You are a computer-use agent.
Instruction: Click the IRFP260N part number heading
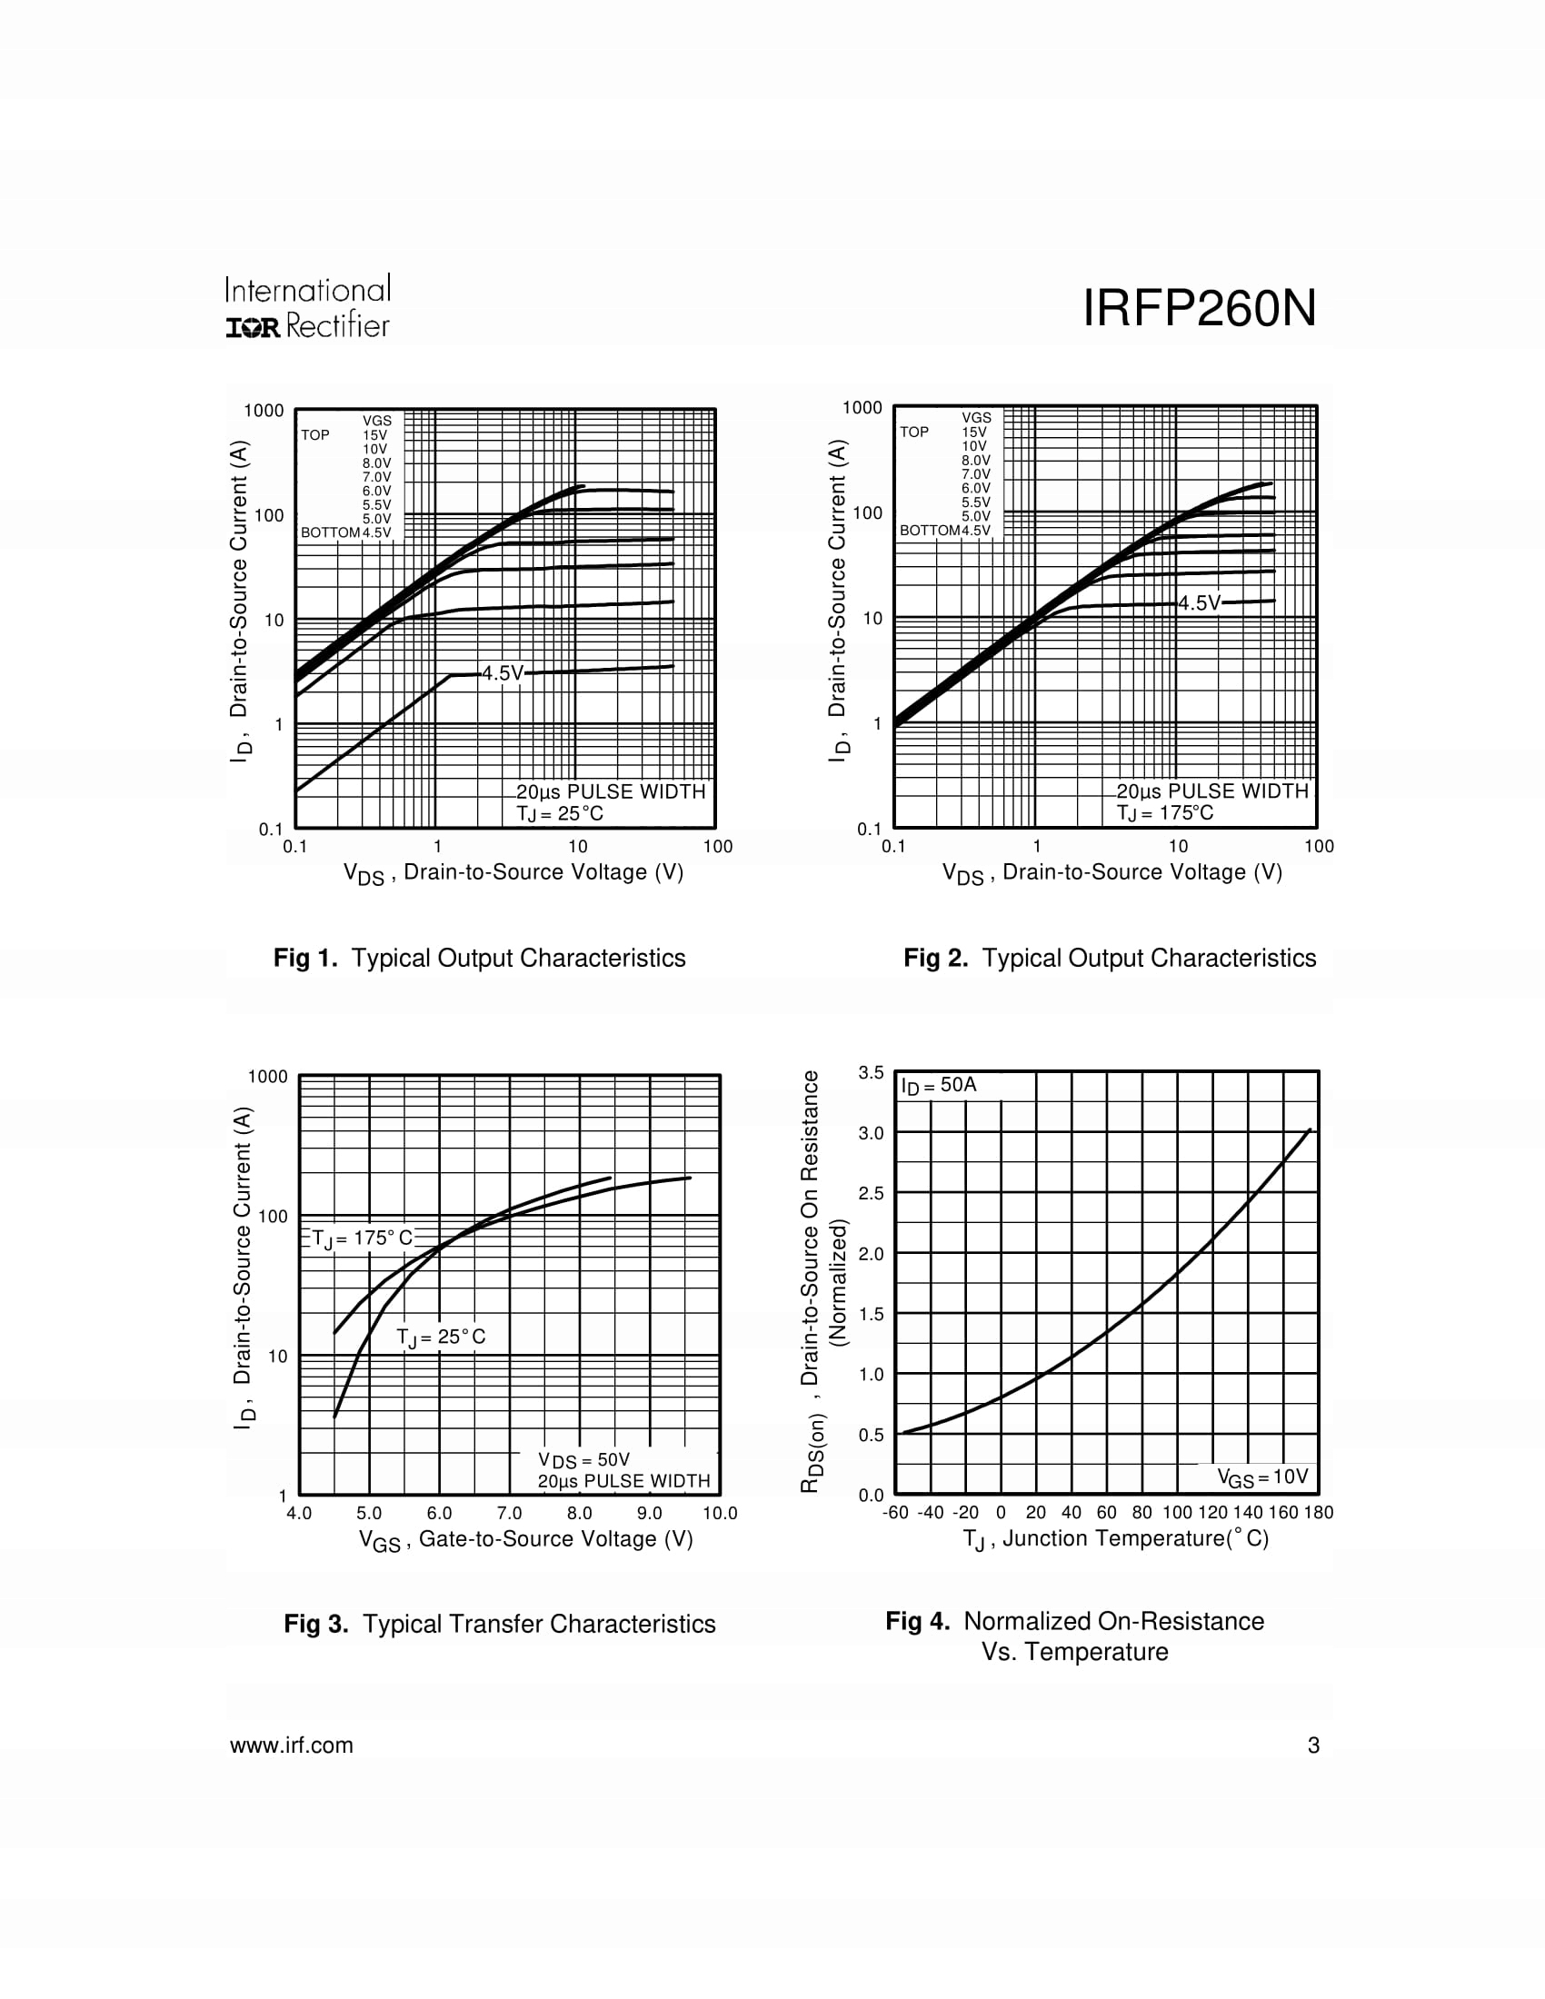tap(1199, 308)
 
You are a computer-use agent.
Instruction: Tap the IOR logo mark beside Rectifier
tap(253, 328)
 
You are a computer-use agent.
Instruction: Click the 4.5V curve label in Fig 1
tap(503, 673)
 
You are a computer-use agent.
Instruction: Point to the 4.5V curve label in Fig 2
tap(1199, 603)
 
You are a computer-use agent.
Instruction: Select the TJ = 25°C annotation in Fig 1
tap(559, 814)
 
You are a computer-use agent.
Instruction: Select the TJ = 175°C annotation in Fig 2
tap(1164, 813)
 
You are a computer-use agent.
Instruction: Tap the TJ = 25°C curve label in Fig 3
tap(440, 1338)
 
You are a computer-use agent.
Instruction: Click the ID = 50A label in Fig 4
tap(939, 1086)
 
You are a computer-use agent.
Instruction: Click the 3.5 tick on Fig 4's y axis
tap(871, 1073)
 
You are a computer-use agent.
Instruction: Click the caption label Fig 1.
tap(305, 959)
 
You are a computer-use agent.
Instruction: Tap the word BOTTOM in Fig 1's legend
tap(330, 532)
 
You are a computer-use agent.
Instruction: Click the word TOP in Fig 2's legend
tap(913, 432)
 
